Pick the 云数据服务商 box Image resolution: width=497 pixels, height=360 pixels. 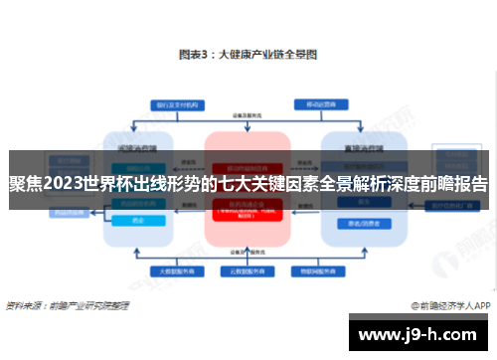pyautogui.click(x=248, y=270)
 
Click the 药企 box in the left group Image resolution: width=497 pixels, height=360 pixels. pyautogui.click(x=138, y=224)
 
